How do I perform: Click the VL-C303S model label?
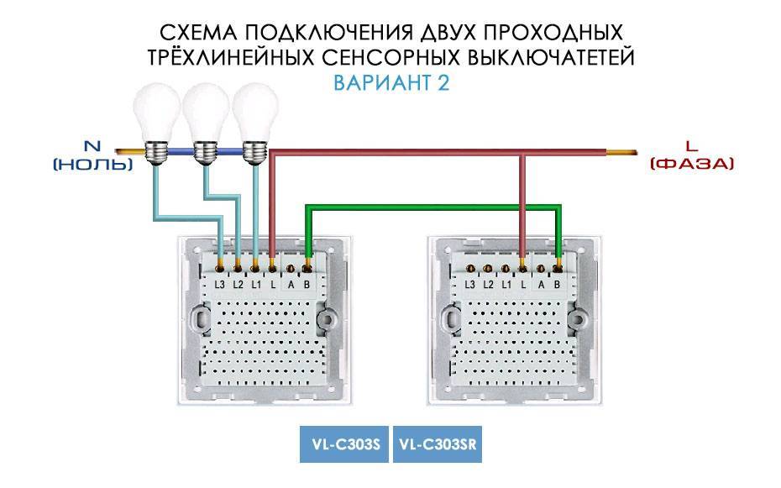(343, 444)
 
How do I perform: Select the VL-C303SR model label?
(438, 444)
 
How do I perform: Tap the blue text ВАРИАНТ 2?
(391, 82)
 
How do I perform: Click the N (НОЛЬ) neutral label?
(93, 155)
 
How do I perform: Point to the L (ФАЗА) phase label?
(692, 155)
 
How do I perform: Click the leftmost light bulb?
(156, 123)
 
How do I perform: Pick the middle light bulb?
(205, 123)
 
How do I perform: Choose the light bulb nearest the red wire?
(255, 123)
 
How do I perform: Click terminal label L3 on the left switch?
(220, 286)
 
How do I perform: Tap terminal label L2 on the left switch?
(238, 286)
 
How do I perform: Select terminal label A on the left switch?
(291, 286)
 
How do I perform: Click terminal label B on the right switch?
(557, 286)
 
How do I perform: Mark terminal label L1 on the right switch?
(506, 286)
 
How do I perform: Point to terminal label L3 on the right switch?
(469, 286)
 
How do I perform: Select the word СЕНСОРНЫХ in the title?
(390, 58)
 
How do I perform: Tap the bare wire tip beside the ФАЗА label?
(621, 152)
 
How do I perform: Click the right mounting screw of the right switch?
(579, 319)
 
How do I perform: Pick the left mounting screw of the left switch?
(200, 319)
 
